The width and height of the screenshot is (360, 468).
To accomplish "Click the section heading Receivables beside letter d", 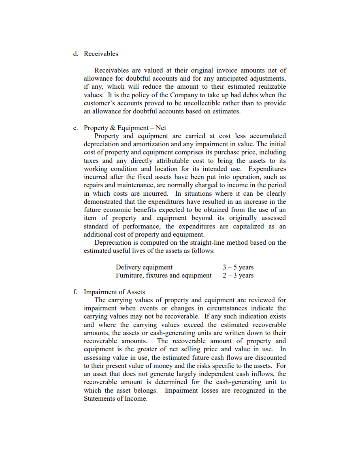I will tap(101, 54).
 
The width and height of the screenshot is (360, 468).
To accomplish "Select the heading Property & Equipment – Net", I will tap(125, 128).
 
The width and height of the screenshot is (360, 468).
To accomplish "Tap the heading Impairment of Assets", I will tap(114, 292).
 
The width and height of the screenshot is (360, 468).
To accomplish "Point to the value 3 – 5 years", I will tap(238, 267).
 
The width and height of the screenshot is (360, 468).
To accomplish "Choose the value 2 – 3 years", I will tap(238, 276).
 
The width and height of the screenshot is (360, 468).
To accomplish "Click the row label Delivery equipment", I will tap(144, 267).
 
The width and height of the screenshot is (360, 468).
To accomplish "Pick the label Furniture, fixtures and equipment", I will tap(164, 276).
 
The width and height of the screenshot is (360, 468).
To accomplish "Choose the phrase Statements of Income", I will tap(115, 399).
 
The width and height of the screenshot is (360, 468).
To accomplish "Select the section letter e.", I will tap(75, 128).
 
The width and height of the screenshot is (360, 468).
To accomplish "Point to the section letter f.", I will tap(75, 292).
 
